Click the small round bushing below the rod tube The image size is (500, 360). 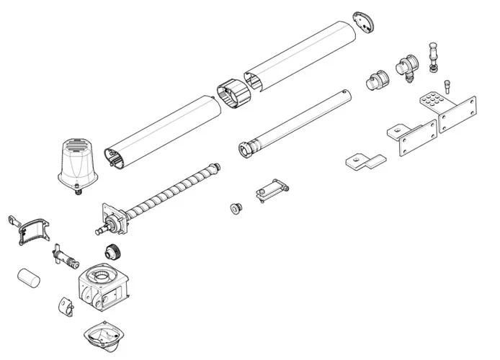coord(235,208)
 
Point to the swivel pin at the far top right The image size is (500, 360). coord(434,56)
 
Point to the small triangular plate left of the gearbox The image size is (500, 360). coord(65,305)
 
